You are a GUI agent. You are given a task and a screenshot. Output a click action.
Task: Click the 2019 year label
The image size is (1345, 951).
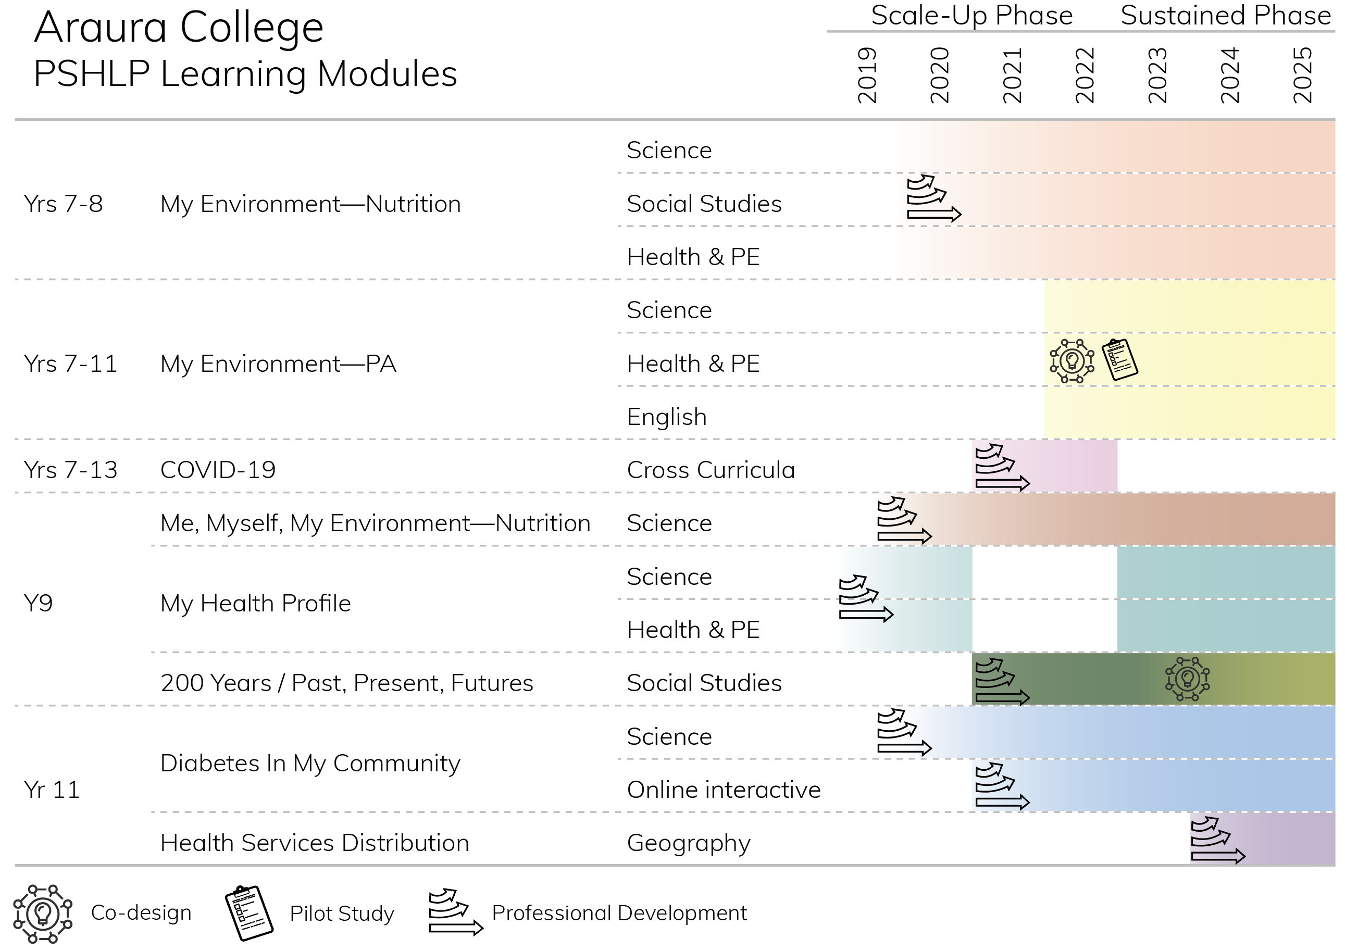(867, 76)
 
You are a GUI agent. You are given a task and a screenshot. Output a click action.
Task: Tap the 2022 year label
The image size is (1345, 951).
(1085, 76)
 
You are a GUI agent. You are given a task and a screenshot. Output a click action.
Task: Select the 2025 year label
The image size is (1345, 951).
(1302, 76)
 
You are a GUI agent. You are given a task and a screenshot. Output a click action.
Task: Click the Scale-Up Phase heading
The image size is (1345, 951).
(972, 15)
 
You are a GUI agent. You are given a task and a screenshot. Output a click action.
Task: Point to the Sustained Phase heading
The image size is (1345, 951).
(1226, 15)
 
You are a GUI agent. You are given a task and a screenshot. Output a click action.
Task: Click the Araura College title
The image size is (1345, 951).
(179, 27)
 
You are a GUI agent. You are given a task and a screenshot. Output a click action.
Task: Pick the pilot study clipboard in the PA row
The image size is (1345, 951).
(1120, 359)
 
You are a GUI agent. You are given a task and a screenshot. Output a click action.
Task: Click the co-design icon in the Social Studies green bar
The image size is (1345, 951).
(1187, 679)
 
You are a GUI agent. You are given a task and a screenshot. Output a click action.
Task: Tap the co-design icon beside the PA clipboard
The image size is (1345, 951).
(1072, 361)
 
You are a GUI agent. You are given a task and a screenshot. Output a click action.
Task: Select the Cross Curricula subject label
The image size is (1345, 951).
(711, 470)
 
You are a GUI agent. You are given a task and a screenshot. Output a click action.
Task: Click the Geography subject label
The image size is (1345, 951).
(689, 843)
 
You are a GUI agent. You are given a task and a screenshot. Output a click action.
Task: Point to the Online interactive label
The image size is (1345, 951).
(724, 790)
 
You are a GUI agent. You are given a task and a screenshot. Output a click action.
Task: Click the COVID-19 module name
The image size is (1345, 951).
(218, 470)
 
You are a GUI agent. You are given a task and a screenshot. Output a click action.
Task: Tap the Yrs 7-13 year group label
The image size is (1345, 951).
(70, 470)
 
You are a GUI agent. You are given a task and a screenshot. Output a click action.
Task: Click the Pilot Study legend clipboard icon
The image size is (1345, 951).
(249, 913)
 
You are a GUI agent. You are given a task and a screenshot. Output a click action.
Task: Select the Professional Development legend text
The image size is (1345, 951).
(619, 914)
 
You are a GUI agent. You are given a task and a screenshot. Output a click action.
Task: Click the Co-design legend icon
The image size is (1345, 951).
(43, 914)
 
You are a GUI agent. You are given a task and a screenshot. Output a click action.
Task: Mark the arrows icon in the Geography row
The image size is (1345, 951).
(1218, 840)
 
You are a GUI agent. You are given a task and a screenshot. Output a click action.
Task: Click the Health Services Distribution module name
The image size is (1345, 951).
(315, 843)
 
